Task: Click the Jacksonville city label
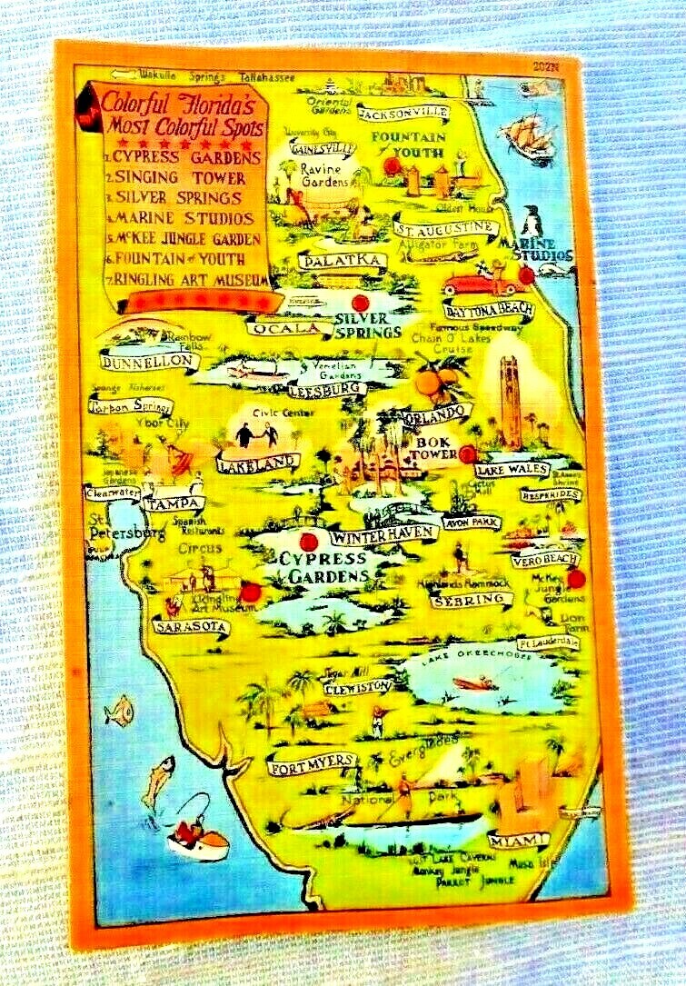click(x=403, y=113)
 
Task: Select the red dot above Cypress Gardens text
click(x=307, y=542)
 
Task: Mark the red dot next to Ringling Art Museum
click(x=252, y=593)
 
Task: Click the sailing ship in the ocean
click(x=529, y=134)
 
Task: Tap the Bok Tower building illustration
click(x=512, y=400)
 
